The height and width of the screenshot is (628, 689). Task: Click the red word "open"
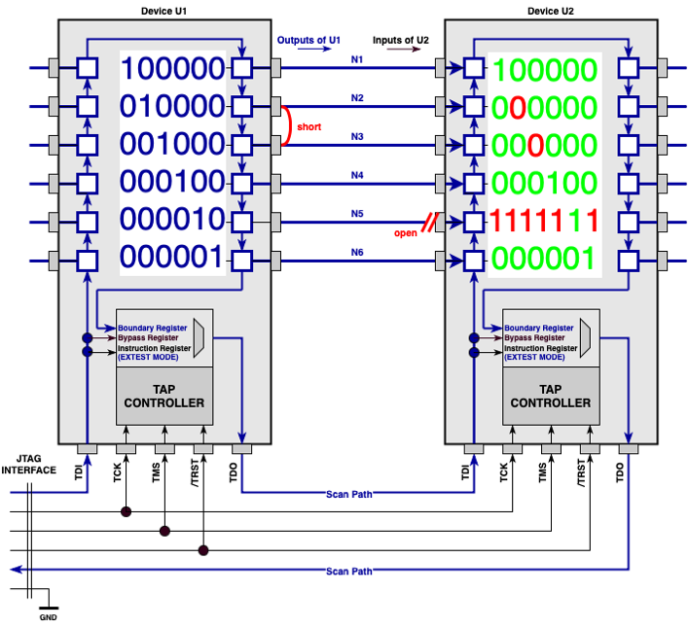(406, 233)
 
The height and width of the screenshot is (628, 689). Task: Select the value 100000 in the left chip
(172, 68)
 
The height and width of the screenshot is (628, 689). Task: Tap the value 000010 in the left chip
(172, 220)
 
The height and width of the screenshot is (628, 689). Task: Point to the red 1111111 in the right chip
(544, 221)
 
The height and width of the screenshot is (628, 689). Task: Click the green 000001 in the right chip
(544, 259)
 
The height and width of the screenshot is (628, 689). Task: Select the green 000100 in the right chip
(544, 183)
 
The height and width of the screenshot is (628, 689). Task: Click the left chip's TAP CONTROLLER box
(164, 396)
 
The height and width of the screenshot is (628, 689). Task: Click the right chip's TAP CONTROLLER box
(550, 396)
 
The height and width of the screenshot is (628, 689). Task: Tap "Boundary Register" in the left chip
(151, 329)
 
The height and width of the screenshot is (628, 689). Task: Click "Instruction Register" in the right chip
(540, 348)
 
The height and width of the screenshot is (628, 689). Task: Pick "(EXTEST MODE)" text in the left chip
(148, 358)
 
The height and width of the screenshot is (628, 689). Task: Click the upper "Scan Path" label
(349, 494)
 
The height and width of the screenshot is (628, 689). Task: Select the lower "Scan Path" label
(349, 571)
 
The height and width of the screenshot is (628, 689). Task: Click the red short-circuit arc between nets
(287, 125)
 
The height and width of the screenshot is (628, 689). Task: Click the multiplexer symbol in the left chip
(199, 336)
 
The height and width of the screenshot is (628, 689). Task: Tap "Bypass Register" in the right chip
(534, 338)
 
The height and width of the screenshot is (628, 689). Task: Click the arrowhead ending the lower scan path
(16, 571)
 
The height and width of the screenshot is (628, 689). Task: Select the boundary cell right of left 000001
(241, 261)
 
